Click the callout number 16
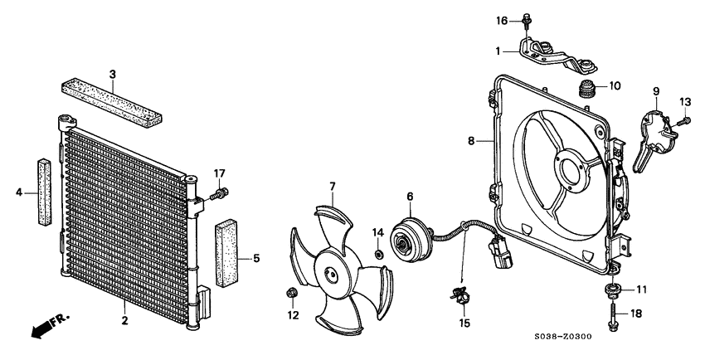501,20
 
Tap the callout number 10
615,85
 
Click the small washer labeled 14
379,254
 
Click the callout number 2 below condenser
124,321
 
